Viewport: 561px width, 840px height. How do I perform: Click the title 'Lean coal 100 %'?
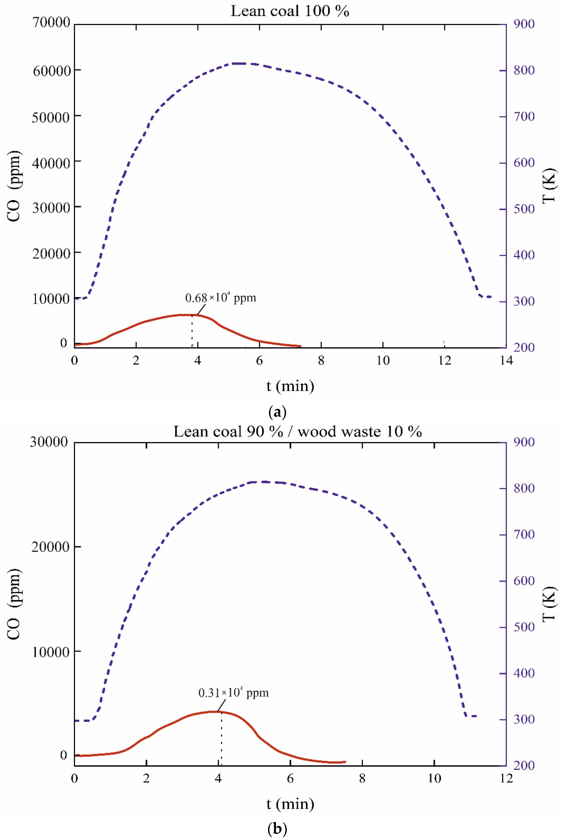click(x=290, y=11)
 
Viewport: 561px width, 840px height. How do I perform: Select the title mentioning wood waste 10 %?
click(x=298, y=432)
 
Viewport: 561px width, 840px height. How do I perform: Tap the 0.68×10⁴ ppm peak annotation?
click(x=220, y=298)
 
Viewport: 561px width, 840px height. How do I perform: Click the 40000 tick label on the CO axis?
click(x=51, y=163)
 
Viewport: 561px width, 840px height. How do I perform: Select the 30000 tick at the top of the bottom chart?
click(x=49, y=442)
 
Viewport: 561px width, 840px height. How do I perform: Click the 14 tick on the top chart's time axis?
click(x=506, y=360)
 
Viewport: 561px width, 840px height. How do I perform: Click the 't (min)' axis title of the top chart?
click(x=290, y=386)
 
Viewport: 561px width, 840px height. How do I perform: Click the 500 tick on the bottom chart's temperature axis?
click(x=524, y=627)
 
